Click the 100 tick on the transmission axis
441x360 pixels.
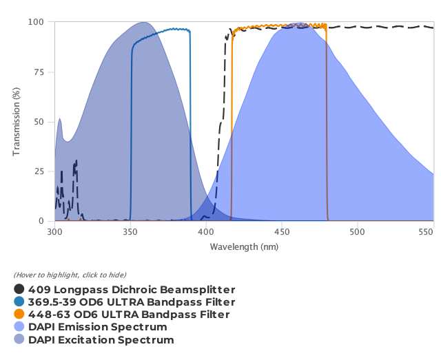point(38,22)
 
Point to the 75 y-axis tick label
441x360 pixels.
point(40,72)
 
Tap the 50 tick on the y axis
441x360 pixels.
point(40,122)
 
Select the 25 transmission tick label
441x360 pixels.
point(40,171)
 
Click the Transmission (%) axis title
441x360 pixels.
point(17,122)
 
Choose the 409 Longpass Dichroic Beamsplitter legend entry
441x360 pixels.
point(132,290)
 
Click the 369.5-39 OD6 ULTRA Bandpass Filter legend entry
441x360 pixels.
point(132,302)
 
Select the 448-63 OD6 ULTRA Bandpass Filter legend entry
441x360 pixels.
point(129,315)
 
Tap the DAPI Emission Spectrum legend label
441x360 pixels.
point(98,327)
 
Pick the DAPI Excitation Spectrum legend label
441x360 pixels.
point(101,339)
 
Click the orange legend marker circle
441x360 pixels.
point(19,315)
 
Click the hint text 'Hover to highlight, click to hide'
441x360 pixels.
point(70,275)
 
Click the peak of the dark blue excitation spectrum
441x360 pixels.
point(143,22)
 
